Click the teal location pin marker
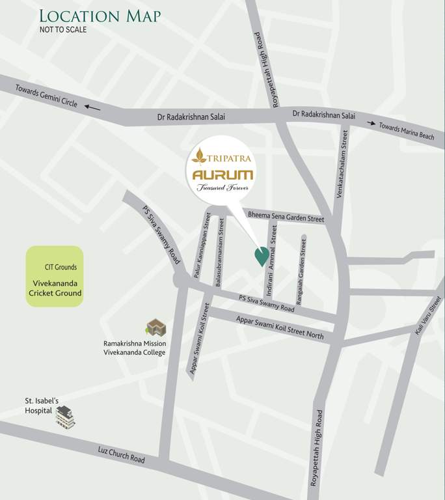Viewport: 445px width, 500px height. pyautogui.click(x=260, y=257)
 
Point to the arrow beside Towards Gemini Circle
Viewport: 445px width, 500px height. pyautogui.click(x=92, y=108)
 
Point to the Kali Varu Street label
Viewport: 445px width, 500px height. pyautogui.click(x=427, y=316)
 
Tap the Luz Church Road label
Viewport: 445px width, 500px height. pyautogui.click(x=122, y=454)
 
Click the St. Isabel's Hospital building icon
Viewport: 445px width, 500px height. pyautogui.click(x=65, y=417)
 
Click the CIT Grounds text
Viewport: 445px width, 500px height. pyautogui.click(x=61, y=267)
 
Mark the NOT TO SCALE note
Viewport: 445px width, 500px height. pyautogui.click(x=63, y=29)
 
